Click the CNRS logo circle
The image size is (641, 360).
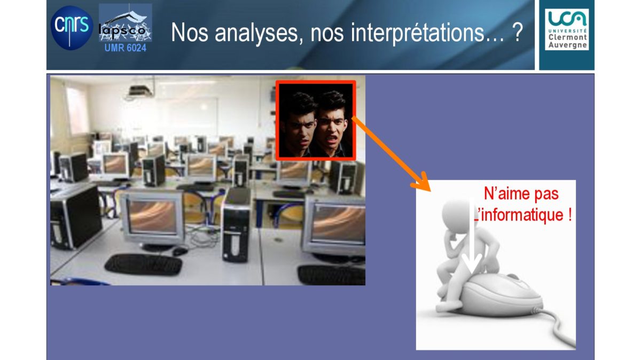tap(72, 28)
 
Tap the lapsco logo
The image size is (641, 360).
tap(126, 23)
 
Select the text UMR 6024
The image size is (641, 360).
tap(126, 48)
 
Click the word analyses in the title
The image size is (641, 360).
tap(259, 33)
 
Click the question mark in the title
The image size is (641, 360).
tap(517, 33)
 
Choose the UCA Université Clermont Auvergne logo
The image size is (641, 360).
tap(567, 30)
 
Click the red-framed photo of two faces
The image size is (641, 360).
tap(316, 121)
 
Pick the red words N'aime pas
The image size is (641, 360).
tap(521, 194)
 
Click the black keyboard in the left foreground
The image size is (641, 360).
tap(143, 265)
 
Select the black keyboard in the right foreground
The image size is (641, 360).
tap(331, 275)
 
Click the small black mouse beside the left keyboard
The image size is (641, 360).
tap(180, 252)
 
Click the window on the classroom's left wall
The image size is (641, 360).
tap(77, 110)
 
